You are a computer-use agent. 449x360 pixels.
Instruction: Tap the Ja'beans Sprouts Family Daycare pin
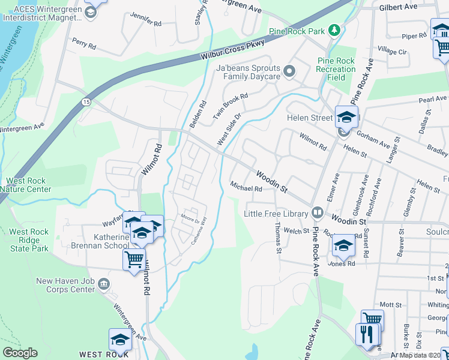(289, 73)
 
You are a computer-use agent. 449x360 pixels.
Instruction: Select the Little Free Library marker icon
(317, 213)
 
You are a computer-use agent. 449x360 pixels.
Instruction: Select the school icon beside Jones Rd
(343, 245)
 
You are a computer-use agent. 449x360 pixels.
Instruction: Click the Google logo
(20, 353)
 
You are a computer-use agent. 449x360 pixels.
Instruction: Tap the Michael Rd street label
(247, 188)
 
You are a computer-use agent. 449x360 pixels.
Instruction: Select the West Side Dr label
(229, 130)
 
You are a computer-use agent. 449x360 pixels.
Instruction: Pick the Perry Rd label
(83, 44)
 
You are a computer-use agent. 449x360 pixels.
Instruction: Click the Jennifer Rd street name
(145, 23)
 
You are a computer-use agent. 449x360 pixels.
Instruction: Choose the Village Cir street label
(391, 52)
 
